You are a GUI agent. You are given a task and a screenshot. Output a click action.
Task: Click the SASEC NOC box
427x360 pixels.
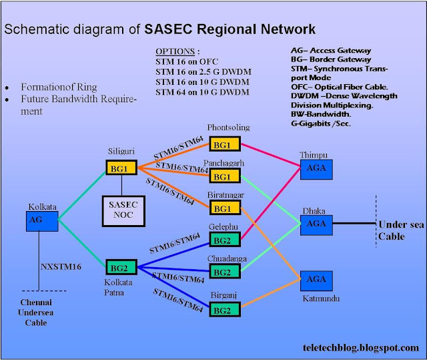pyautogui.click(x=123, y=211)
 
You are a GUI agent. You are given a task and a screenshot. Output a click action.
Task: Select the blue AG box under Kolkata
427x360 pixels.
pyautogui.click(x=42, y=221)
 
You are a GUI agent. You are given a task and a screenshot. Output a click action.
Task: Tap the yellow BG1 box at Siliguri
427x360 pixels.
pyautogui.click(x=121, y=168)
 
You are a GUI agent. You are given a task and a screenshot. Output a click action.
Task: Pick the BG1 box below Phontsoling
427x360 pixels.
pyautogui.click(x=225, y=144)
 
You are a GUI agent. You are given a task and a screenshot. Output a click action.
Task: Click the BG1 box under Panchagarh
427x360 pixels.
pyautogui.click(x=225, y=176)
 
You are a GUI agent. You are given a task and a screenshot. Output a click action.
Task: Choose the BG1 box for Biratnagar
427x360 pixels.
pyautogui.click(x=225, y=208)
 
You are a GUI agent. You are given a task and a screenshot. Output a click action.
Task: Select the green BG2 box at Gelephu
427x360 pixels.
pyautogui.click(x=225, y=239)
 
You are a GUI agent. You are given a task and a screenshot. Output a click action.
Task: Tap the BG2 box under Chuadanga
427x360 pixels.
pyautogui.click(x=225, y=271)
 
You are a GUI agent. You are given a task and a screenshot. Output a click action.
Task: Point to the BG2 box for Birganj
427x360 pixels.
pyautogui.click(x=225, y=309)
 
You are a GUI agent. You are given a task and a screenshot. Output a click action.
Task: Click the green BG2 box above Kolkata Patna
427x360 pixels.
pyautogui.click(x=121, y=267)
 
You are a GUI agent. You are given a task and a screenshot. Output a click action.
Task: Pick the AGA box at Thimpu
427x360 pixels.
pyautogui.click(x=316, y=170)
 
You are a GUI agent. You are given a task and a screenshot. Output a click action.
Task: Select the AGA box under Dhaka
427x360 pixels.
pyautogui.click(x=316, y=225)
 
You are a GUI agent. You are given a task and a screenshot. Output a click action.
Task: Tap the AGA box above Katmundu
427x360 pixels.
pyautogui.click(x=316, y=281)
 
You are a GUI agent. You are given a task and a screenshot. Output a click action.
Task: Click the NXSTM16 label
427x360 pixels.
pyautogui.click(x=61, y=266)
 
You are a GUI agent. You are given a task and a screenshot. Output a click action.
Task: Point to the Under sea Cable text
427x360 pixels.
pyautogui.click(x=401, y=230)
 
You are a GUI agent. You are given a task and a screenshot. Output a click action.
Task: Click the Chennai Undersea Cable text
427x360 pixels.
pyautogui.click(x=35, y=313)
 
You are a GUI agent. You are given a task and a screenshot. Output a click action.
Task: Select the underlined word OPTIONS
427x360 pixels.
pyautogui.click(x=175, y=51)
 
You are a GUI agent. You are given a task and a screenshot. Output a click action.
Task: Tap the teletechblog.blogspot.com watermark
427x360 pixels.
pyautogui.click(x=361, y=348)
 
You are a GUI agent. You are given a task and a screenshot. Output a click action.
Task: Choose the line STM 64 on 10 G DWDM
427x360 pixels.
pyautogui.click(x=202, y=92)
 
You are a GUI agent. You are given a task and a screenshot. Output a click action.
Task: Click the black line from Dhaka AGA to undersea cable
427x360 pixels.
pyautogui.click(x=354, y=223)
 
